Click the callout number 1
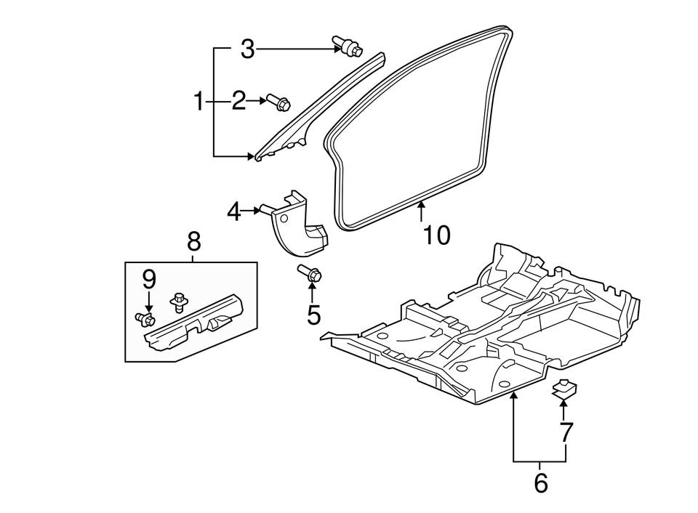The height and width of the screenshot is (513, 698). tap(198, 102)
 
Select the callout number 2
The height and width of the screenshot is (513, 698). tap(238, 101)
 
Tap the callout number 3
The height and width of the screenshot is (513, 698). tap(247, 49)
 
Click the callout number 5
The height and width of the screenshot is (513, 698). tap(314, 315)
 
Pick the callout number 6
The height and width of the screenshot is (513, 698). tap(540, 482)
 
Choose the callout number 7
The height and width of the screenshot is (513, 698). tap(566, 432)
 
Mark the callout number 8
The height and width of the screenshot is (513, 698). tap(194, 242)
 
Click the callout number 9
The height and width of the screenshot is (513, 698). tap(149, 280)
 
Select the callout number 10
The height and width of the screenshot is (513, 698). tap(437, 235)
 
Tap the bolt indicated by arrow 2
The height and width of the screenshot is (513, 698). tap(278, 102)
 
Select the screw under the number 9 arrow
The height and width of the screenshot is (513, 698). tap(145, 318)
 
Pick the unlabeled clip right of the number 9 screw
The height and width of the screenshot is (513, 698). tap(180, 302)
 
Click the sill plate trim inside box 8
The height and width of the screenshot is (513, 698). tap(193, 324)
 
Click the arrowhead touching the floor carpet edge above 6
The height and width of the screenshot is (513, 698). tap(514, 395)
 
